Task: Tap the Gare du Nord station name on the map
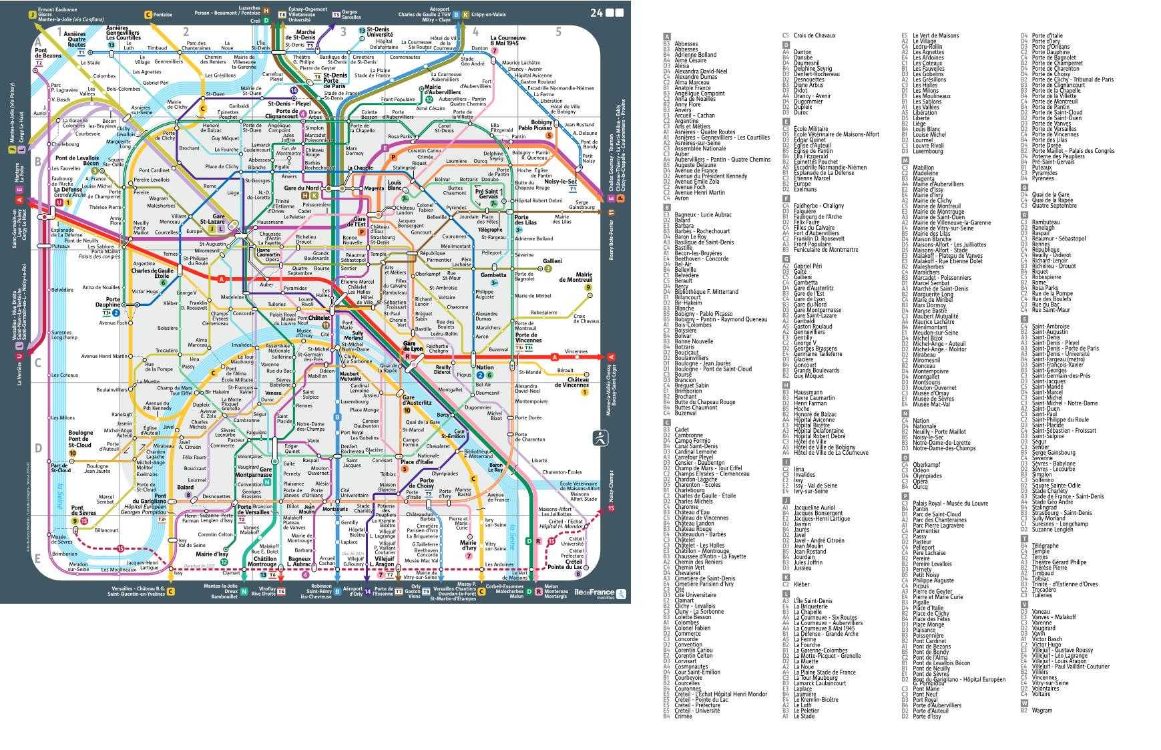(303, 188)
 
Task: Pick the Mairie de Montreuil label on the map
(575, 277)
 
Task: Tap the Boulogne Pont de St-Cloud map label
(80, 439)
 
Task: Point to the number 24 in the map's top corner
(596, 13)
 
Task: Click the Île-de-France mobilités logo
(600, 592)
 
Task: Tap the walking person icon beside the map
(600, 438)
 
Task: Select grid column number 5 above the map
(558, 31)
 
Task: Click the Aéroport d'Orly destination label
(353, 592)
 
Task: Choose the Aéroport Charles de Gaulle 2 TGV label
(424, 13)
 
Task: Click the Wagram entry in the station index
(1041, 711)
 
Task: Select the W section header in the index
(1024, 703)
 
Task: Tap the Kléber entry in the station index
(801, 584)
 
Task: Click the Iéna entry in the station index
(799, 470)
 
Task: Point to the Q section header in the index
(1024, 187)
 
